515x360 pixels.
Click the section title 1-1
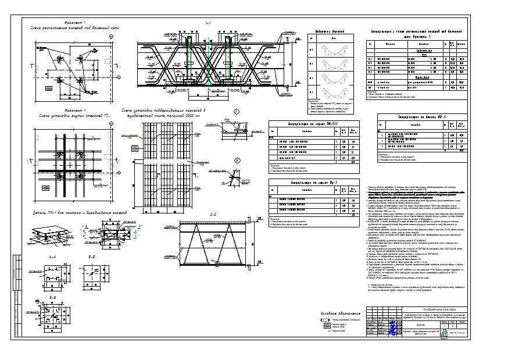(208, 24)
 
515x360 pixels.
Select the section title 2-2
(213, 215)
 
